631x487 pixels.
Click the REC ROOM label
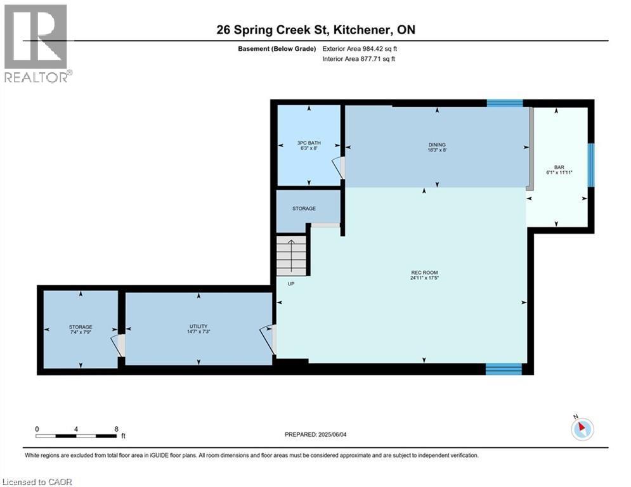point(424,273)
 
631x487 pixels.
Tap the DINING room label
point(437,145)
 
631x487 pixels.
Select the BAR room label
point(559,167)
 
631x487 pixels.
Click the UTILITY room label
point(198,327)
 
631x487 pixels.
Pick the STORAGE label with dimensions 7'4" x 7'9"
point(81,327)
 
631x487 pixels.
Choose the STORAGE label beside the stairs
point(304,208)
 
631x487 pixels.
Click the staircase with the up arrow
point(292,255)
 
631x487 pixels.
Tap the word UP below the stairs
point(291,283)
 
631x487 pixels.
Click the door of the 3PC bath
point(340,167)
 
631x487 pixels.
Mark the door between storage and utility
point(119,344)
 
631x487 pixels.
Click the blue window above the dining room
point(505,103)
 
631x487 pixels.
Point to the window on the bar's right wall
point(590,165)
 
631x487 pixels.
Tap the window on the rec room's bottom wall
point(504,368)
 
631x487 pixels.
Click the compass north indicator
point(581,429)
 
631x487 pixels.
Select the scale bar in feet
point(77,436)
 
